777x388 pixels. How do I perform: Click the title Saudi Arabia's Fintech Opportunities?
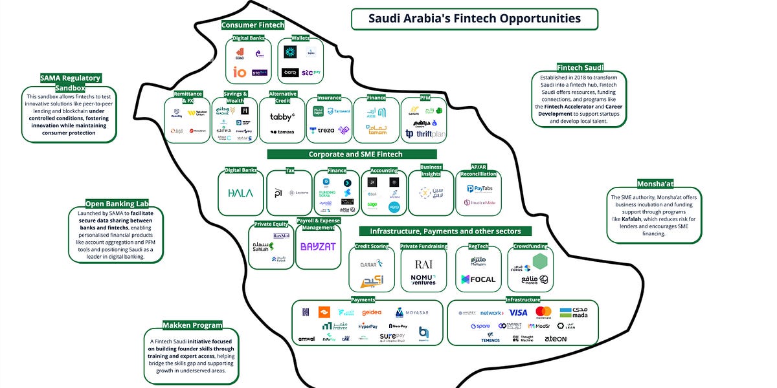475,19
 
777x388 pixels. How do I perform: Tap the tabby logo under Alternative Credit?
282,117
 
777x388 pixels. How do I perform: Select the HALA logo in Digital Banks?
241,193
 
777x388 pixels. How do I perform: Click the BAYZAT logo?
318,246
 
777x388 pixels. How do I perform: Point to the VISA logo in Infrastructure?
518,312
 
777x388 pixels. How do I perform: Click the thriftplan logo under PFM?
427,133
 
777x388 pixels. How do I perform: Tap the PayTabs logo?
480,189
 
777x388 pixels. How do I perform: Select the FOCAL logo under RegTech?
479,279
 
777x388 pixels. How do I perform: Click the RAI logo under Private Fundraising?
423,264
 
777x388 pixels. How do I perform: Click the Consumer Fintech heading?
253,25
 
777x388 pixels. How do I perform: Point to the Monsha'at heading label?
655,184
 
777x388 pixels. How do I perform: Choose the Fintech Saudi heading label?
580,67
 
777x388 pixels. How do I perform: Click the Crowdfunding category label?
530,246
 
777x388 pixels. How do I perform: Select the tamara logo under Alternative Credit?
282,132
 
